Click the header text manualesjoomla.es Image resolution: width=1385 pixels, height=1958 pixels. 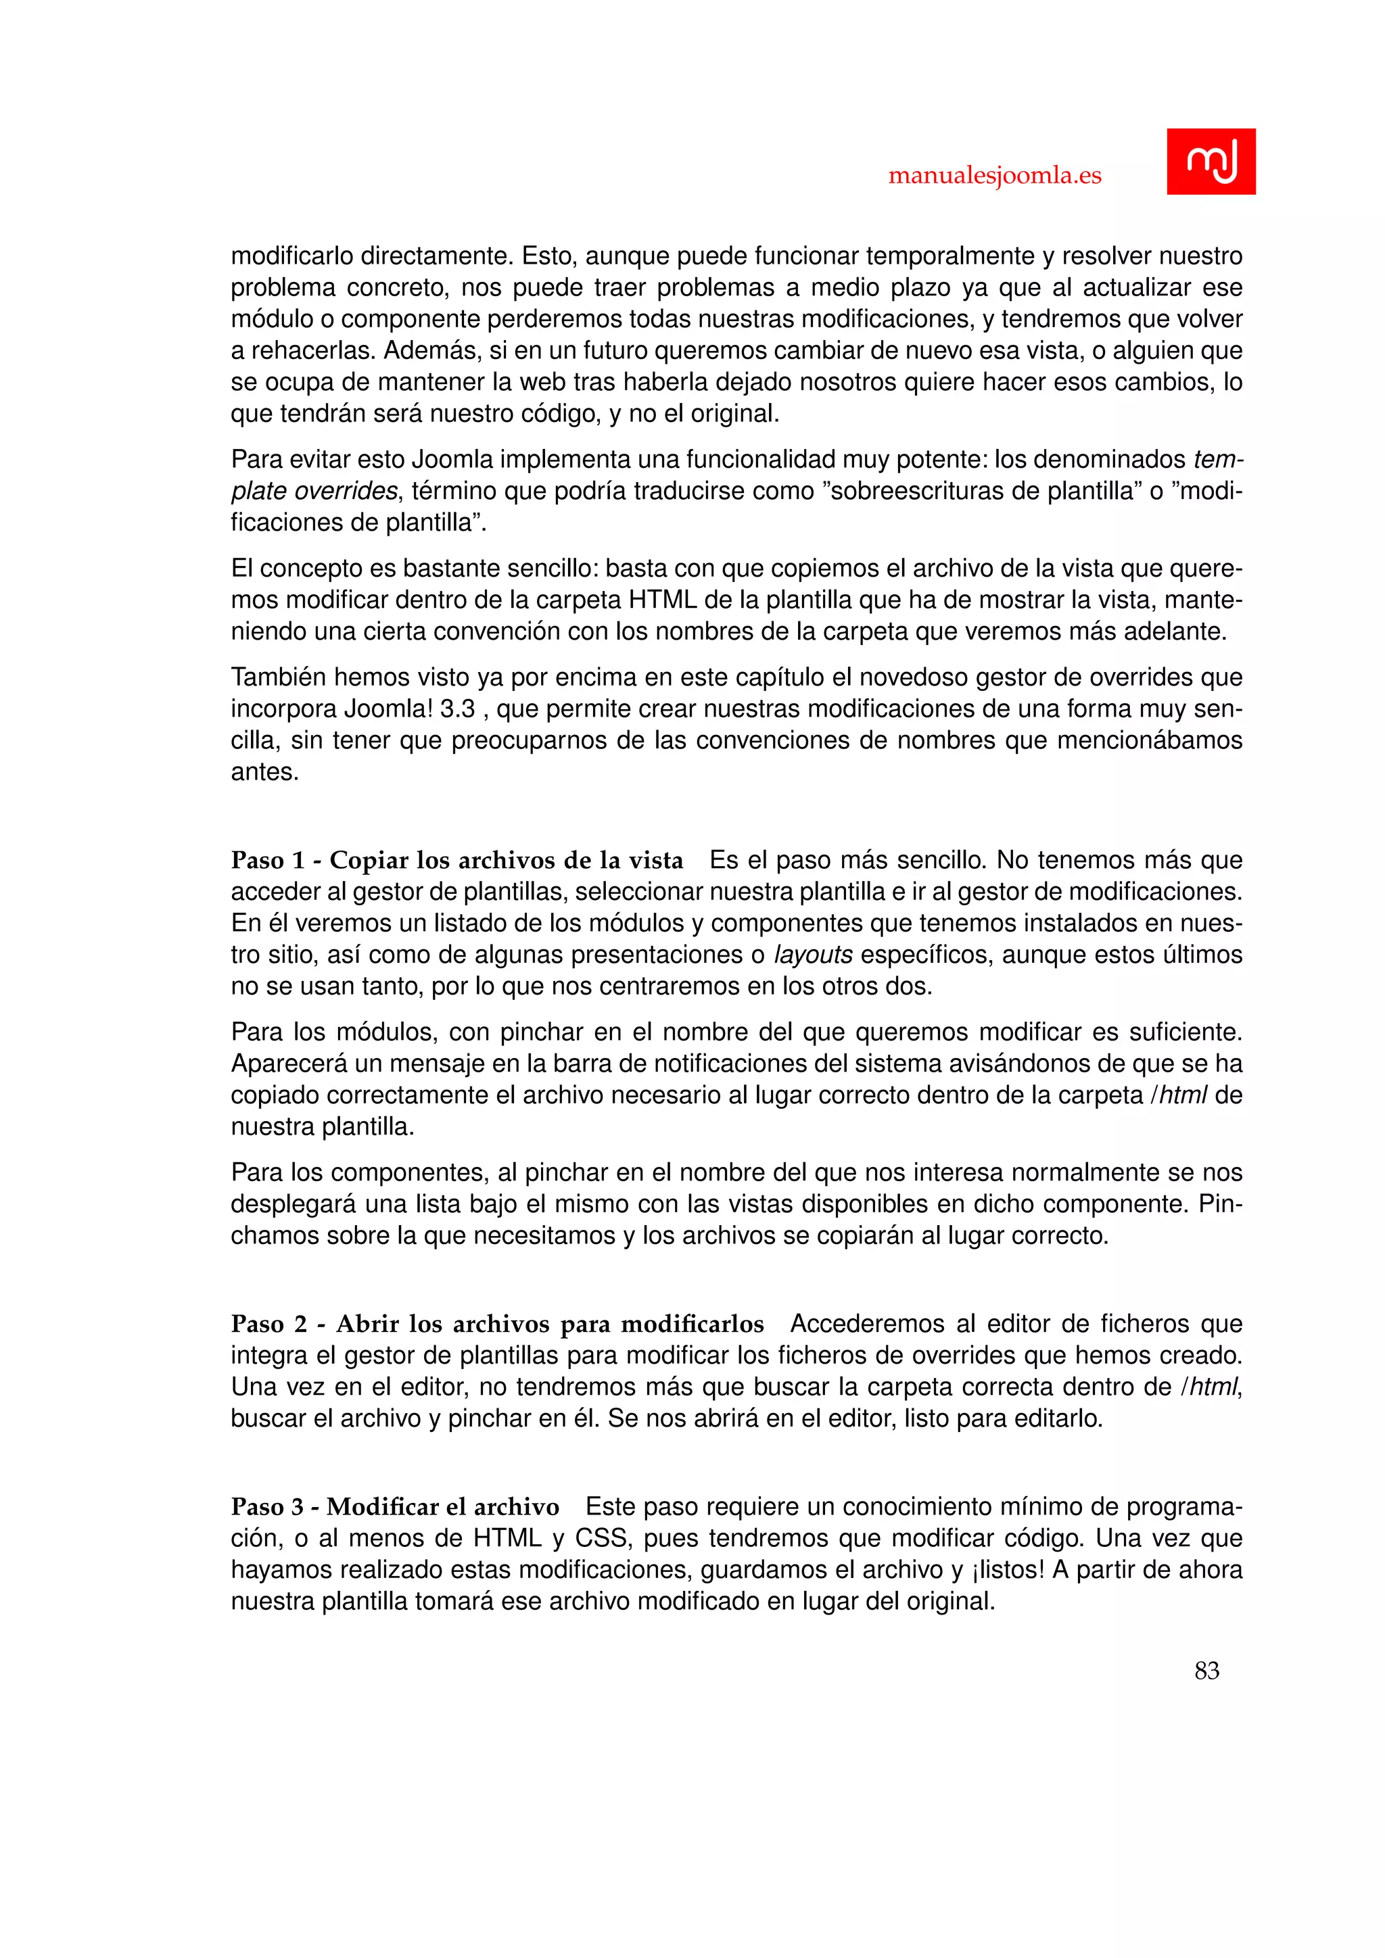994,176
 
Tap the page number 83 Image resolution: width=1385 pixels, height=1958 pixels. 1206,1671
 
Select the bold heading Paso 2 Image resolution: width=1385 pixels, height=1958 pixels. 497,1324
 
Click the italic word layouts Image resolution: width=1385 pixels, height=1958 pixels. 813,954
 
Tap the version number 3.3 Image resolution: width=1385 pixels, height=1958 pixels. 457,709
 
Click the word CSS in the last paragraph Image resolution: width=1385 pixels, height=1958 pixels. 602,1537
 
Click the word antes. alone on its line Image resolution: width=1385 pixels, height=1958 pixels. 264,771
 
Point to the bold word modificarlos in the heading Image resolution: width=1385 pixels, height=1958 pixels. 692,1324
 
